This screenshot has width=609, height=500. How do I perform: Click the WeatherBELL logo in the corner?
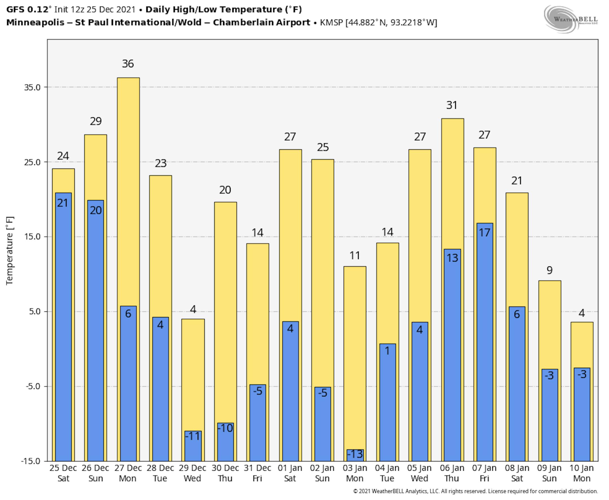(570, 19)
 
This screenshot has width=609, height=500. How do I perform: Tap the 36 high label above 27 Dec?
(128, 64)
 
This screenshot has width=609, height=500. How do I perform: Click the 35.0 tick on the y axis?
(32, 87)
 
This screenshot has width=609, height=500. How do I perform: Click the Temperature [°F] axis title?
(10, 251)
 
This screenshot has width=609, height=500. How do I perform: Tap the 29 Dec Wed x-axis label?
(193, 473)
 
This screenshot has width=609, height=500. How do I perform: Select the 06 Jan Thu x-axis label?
(452, 473)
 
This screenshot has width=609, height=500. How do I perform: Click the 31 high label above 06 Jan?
(452, 105)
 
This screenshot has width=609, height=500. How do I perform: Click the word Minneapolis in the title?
(35, 23)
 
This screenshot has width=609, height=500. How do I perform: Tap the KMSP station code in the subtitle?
(331, 23)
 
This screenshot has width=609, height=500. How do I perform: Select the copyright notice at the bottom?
(475, 491)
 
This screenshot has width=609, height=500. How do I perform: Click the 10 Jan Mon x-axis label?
(582, 473)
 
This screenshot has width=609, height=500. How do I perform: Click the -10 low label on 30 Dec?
(225, 428)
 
